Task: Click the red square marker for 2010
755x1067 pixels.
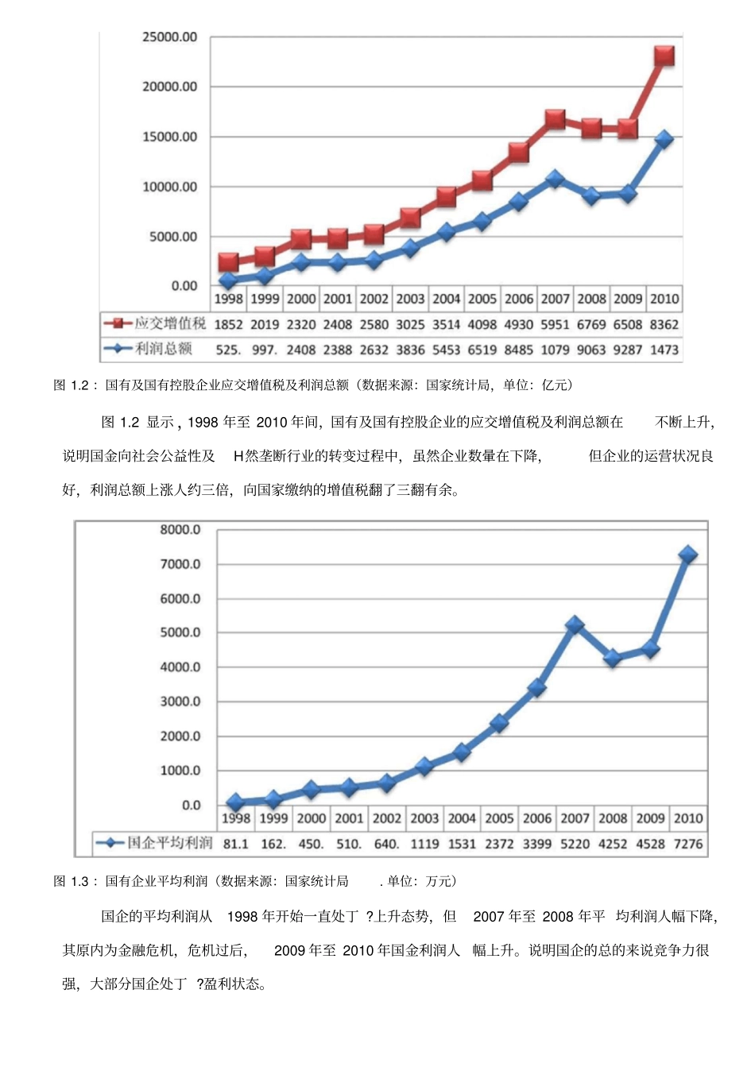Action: click(664, 56)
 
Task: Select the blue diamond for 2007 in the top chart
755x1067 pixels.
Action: click(555, 179)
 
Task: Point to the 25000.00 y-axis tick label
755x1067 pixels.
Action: click(169, 37)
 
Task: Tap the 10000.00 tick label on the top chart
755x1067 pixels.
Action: click(169, 187)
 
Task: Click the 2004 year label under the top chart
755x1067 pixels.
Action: click(446, 299)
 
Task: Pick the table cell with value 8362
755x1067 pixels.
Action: click(664, 324)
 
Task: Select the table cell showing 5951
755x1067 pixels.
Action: click(555, 324)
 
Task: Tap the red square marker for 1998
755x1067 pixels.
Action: click(228, 262)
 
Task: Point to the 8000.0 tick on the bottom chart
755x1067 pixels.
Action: click(180, 530)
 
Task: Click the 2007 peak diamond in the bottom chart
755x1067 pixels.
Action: click(575, 625)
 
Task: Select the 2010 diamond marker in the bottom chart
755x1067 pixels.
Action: click(688, 555)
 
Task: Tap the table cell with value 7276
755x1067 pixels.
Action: click(688, 844)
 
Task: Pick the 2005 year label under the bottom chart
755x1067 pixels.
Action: click(499, 818)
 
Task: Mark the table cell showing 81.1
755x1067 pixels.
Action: click(235, 844)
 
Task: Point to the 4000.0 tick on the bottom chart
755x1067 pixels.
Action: click(180, 667)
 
